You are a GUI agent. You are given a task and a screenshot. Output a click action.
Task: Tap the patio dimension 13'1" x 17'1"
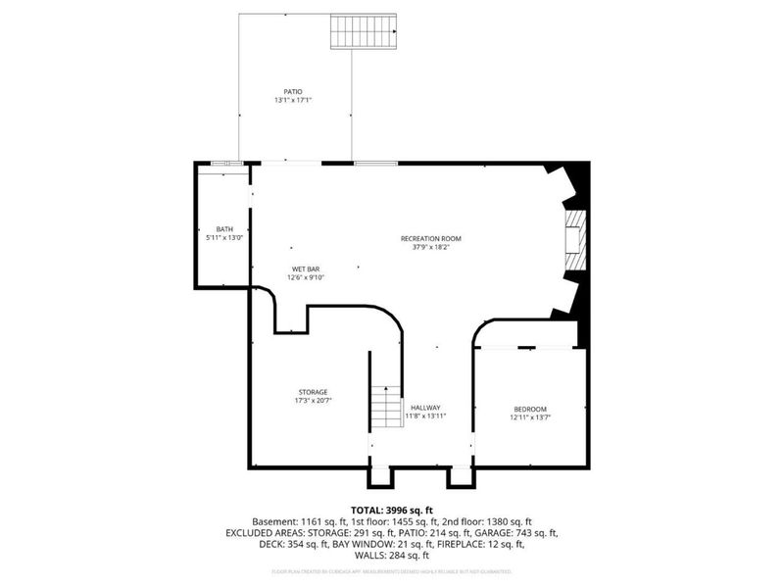pos(292,100)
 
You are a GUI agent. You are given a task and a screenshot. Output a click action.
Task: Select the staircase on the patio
pos(364,31)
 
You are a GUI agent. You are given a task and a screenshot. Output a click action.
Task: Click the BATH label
pos(224,228)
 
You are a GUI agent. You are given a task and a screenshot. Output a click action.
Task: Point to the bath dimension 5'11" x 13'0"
pos(224,237)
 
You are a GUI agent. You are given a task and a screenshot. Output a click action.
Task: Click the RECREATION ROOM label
pos(430,238)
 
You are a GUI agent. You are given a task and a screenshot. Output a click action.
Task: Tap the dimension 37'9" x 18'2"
pos(430,247)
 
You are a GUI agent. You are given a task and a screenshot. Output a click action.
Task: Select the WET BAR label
pos(305,269)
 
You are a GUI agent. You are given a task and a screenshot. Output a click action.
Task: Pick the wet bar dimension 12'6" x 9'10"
pos(305,277)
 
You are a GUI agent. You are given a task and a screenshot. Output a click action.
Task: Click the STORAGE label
pos(313,392)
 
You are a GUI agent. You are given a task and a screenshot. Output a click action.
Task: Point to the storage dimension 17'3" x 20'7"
pos(313,401)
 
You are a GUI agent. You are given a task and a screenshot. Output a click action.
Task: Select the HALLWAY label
pos(425,408)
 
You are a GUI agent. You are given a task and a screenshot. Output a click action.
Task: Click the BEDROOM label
pos(530,409)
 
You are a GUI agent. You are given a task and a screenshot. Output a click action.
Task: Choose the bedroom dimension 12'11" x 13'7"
pos(530,417)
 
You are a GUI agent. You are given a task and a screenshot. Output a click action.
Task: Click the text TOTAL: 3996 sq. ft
pos(392,511)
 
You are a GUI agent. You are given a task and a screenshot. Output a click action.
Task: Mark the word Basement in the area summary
pos(272,521)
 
